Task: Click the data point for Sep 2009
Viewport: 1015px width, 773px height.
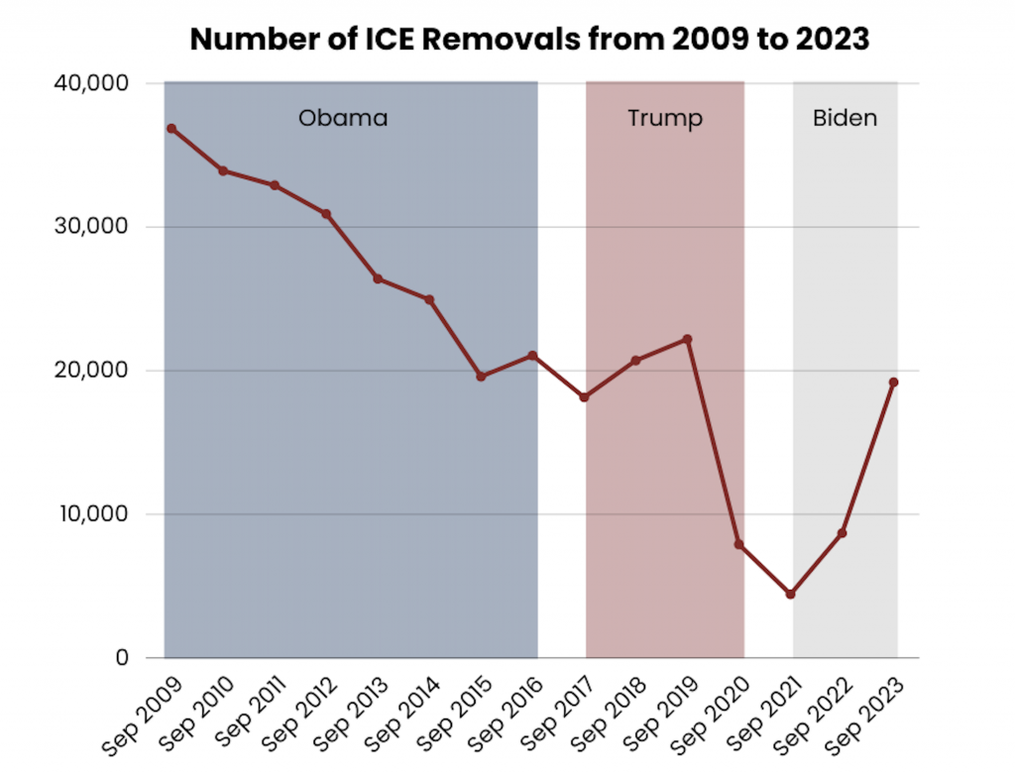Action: point(171,129)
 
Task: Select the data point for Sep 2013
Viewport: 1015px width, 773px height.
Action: point(378,278)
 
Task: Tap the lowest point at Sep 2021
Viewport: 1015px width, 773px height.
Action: point(791,594)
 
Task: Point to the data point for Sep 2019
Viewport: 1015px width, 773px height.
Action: point(688,339)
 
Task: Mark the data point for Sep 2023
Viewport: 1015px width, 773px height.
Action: point(894,382)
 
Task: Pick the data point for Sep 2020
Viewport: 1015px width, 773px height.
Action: point(739,544)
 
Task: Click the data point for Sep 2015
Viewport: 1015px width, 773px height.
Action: point(481,377)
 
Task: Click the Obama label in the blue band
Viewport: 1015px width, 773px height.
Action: point(343,119)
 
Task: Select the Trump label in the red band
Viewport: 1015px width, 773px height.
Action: point(665,119)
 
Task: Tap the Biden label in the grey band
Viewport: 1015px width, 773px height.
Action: point(845,119)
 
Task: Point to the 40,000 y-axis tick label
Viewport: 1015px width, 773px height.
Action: point(89,83)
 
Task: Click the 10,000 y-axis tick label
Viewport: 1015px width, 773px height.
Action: point(89,514)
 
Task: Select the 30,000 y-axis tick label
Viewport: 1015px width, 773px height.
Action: point(89,227)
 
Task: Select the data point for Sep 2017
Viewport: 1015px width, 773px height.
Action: point(584,397)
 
